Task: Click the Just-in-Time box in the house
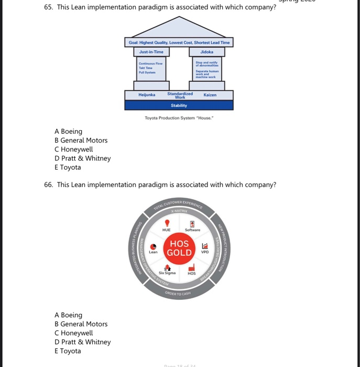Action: tap(151, 52)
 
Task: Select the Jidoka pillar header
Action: tap(206, 52)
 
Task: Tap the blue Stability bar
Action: tap(179, 105)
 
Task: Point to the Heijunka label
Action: tap(147, 95)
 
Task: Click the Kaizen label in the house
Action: tap(210, 95)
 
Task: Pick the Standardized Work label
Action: tap(180, 95)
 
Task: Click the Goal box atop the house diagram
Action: tap(179, 42)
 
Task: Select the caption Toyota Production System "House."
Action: tap(179, 117)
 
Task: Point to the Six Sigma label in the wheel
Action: tap(167, 273)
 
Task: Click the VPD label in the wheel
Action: tap(205, 252)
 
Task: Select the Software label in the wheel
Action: tap(193, 230)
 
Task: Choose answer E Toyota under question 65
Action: tap(68, 167)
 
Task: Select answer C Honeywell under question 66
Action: tap(73, 333)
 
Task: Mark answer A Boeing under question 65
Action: tap(68, 131)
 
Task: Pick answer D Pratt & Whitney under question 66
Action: tap(82, 342)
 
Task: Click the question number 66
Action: tap(49, 185)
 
